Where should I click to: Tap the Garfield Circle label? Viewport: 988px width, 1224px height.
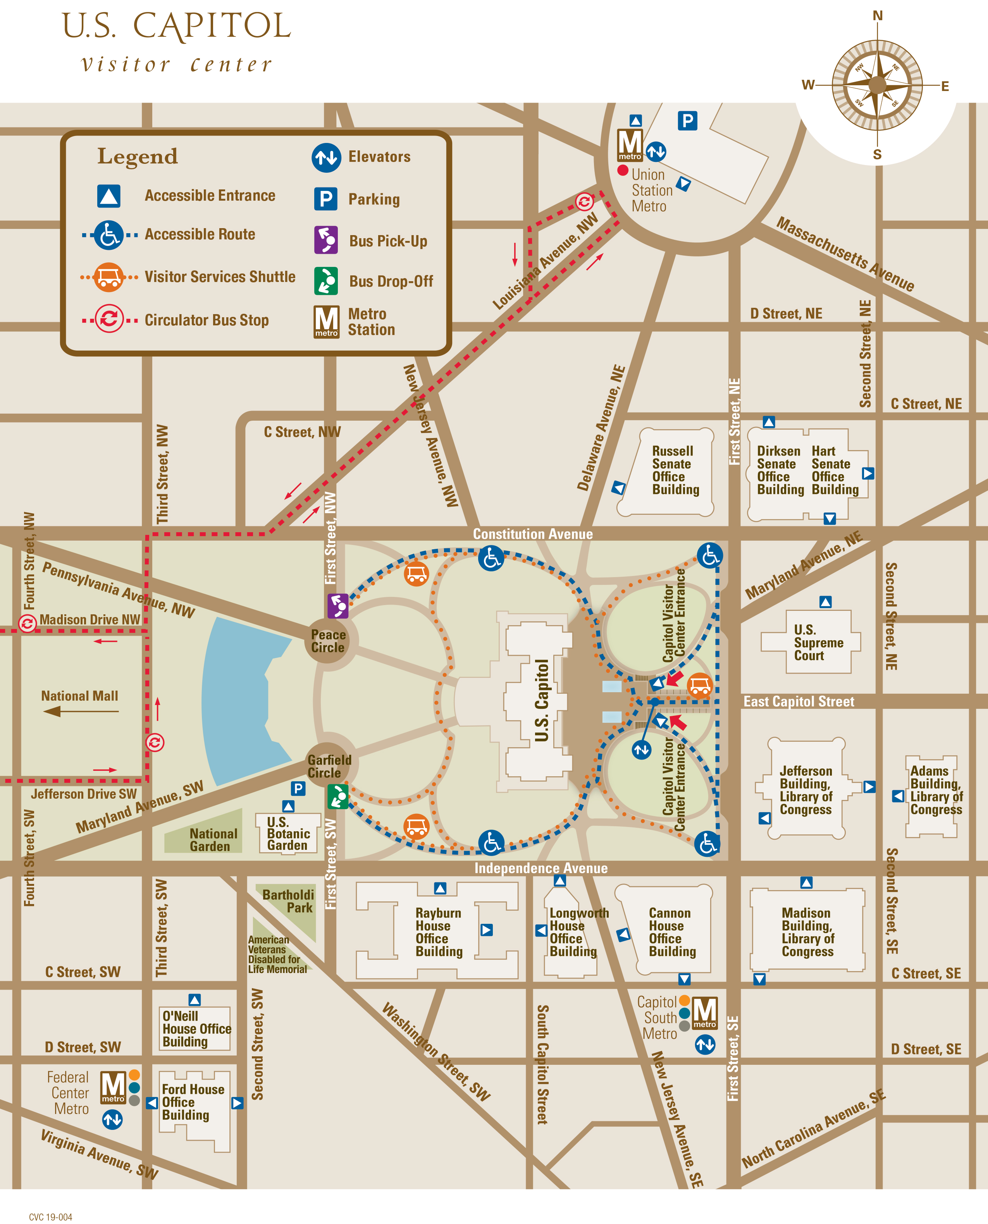[329, 766]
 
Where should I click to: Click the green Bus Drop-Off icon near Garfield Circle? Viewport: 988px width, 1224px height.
[337, 796]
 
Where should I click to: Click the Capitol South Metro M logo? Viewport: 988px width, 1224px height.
[704, 1013]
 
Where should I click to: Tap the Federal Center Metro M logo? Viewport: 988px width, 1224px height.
[113, 1087]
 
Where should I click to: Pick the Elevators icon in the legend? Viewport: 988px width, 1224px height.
[326, 158]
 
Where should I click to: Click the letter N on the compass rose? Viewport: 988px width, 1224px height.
[878, 16]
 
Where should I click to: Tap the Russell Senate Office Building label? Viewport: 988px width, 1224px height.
[675, 470]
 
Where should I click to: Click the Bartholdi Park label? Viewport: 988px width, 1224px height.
[289, 901]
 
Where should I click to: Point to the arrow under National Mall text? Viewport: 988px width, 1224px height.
[80, 711]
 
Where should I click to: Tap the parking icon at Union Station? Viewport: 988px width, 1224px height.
[687, 120]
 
